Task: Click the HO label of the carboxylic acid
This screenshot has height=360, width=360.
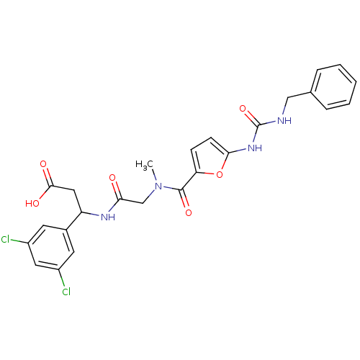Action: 32,204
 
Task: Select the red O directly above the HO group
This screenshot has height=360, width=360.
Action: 43,164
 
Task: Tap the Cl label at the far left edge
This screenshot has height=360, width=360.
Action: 6,240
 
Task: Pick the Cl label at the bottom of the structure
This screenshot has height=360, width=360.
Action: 66,292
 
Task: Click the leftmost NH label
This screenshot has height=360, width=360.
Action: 109,217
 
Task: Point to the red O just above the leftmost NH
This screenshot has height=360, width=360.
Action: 112,177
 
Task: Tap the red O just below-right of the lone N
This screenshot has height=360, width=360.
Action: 188,212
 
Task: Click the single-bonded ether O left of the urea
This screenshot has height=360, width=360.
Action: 220,174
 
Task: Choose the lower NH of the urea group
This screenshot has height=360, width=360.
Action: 253,148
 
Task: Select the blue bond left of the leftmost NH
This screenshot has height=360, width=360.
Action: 95,214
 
